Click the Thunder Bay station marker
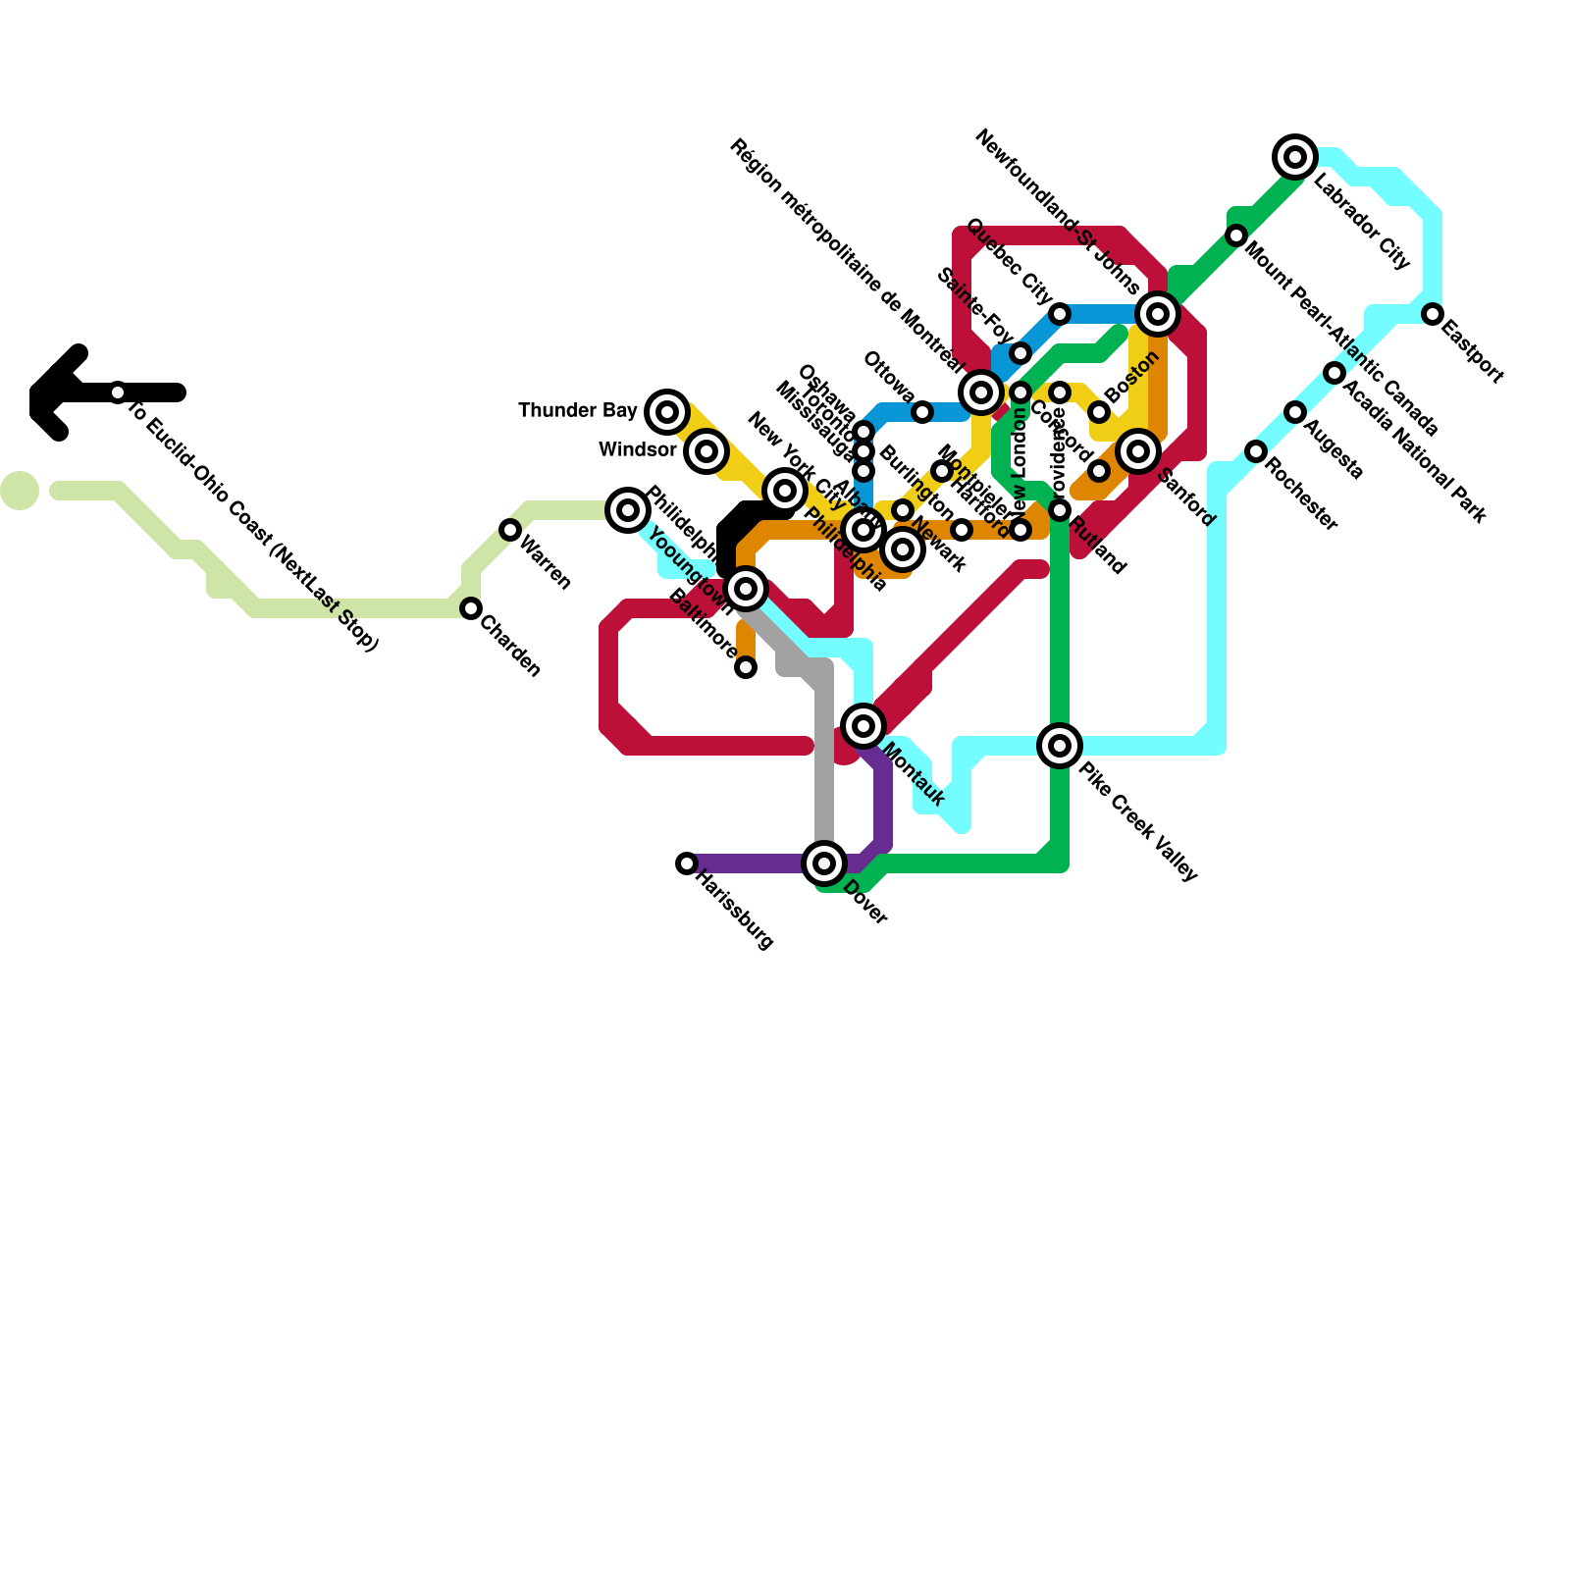click(667, 411)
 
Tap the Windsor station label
click(637, 450)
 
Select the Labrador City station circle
click(1295, 157)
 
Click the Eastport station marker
click(1433, 314)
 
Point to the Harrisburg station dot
click(687, 863)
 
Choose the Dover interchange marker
click(824, 863)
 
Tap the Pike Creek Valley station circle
click(1060, 746)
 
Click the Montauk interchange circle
click(863, 726)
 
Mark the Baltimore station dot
click(746, 668)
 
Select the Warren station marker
click(510, 530)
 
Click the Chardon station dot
click(471, 608)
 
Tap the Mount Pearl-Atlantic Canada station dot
click(1236, 235)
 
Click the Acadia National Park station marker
click(1334, 373)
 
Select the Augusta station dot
click(1295, 412)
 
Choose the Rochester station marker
click(1256, 451)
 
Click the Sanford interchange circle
click(1138, 451)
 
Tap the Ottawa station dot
click(922, 412)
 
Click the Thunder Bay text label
click(577, 410)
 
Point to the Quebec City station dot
click(1060, 314)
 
